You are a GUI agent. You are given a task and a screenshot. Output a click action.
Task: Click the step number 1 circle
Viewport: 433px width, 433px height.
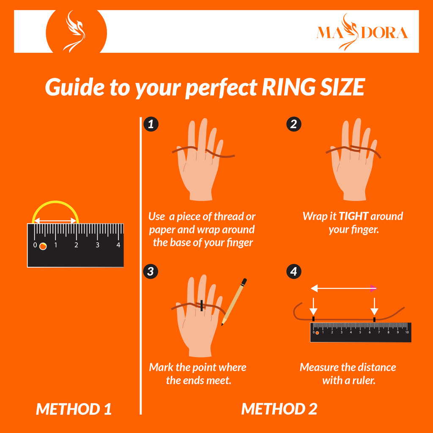coord(151,124)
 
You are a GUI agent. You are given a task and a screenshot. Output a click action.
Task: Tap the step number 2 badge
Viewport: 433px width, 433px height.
coord(294,124)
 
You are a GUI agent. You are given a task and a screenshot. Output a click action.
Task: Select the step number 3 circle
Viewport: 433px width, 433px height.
coord(151,271)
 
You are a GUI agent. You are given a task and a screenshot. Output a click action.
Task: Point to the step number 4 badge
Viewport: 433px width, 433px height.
coord(294,271)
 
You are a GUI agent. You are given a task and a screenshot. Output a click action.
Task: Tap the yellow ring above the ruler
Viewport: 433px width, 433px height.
coord(55,202)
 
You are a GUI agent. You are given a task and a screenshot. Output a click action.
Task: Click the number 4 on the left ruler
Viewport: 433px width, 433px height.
coord(118,245)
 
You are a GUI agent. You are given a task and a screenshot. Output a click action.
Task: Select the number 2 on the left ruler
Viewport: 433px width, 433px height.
coord(76,245)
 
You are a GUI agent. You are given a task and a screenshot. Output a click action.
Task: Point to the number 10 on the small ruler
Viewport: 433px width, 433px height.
coord(407,332)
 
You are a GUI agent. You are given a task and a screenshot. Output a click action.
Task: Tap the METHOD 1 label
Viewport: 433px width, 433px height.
coord(74,409)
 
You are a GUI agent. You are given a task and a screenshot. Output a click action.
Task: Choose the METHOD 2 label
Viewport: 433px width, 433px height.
coord(279,409)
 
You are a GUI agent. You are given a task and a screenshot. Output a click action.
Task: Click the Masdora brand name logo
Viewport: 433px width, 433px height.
coord(362,32)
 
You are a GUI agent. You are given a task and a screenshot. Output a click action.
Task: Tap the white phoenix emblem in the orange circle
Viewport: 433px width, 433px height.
coord(74,31)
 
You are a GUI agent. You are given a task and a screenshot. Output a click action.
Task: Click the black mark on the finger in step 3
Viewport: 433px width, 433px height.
coord(202,305)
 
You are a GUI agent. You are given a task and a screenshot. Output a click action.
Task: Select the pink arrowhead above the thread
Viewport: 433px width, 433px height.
coord(373,288)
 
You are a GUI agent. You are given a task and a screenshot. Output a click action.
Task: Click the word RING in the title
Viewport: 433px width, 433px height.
coord(288,87)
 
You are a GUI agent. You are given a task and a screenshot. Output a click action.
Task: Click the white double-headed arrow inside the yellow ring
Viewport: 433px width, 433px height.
coord(55,221)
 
